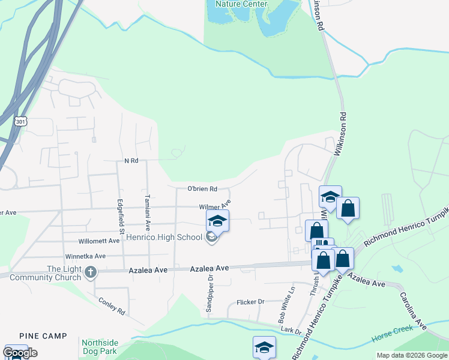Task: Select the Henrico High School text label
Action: click(164, 237)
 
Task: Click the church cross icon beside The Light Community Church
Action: click(91, 272)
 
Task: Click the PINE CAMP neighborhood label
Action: click(43, 336)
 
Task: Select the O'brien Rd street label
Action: click(202, 188)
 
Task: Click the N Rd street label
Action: click(131, 161)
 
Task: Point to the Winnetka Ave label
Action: click(86, 256)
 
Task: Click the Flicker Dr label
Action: click(250, 302)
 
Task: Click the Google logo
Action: click(20, 353)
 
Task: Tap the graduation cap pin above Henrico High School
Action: click(217, 220)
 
